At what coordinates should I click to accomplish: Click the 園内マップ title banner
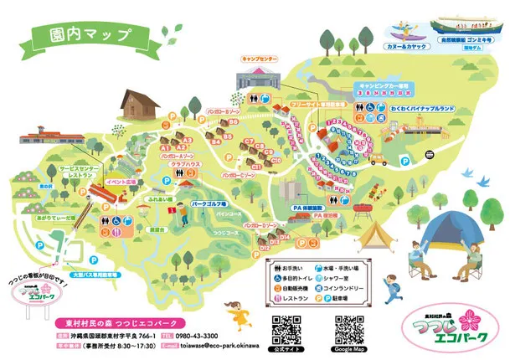pyautogui.click(x=79, y=36)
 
